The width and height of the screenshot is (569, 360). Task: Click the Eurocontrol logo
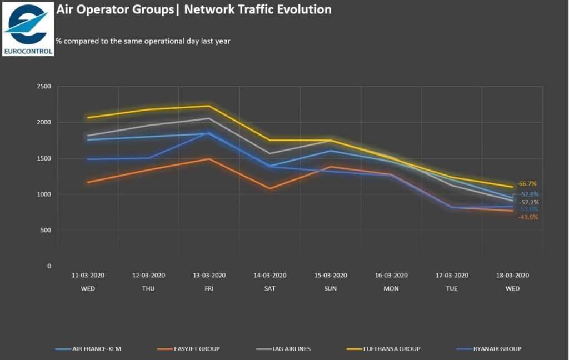[x=28, y=28]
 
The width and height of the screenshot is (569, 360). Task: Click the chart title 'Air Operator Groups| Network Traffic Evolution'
[x=194, y=9]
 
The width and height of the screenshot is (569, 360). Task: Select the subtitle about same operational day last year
[x=143, y=41]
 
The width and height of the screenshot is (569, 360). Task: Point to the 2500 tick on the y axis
[x=43, y=87]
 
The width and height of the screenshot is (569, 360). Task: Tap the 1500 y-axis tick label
[x=43, y=158]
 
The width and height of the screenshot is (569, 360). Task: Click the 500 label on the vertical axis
[x=46, y=230]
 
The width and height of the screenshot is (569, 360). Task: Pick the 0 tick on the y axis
[x=49, y=266]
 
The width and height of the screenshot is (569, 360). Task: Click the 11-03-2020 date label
[x=88, y=275]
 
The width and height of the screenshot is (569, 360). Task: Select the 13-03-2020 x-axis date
[x=209, y=275]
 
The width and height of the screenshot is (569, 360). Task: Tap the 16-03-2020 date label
[x=391, y=275]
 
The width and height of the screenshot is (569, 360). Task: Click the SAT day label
[x=270, y=288]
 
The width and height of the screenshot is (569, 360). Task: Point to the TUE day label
[x=452, y=288]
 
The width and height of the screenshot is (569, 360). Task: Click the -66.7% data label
[x=527, y=184]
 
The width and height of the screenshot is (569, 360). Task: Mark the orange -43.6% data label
[x=527, y=217]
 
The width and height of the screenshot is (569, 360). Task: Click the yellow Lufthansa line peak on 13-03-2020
[x=209, y=106]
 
